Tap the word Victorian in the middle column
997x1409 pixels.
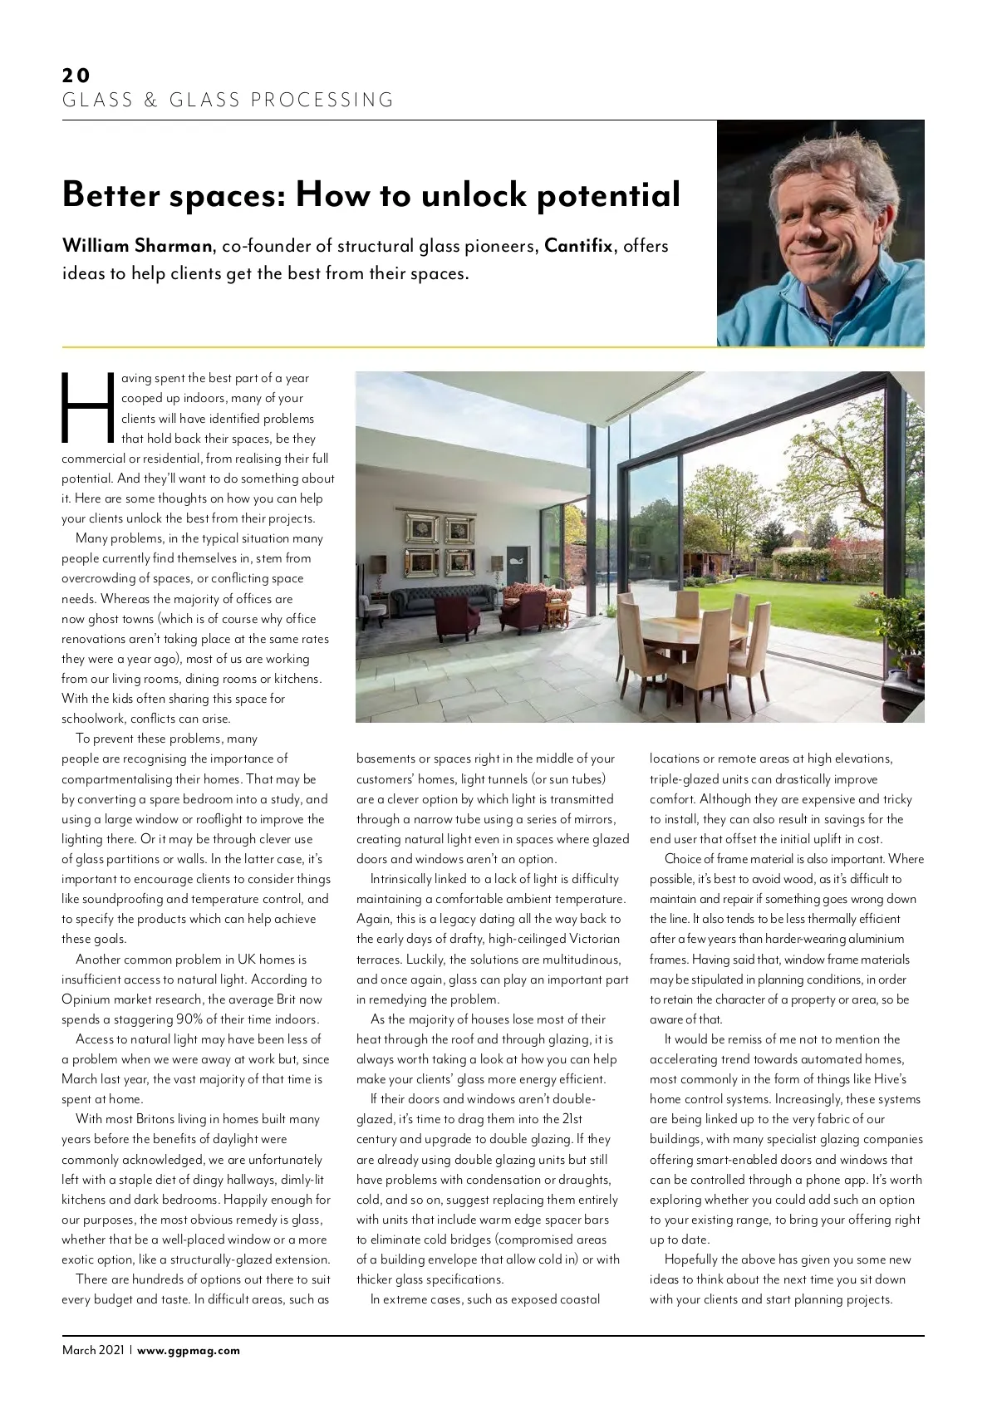click(x=594, y=939)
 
